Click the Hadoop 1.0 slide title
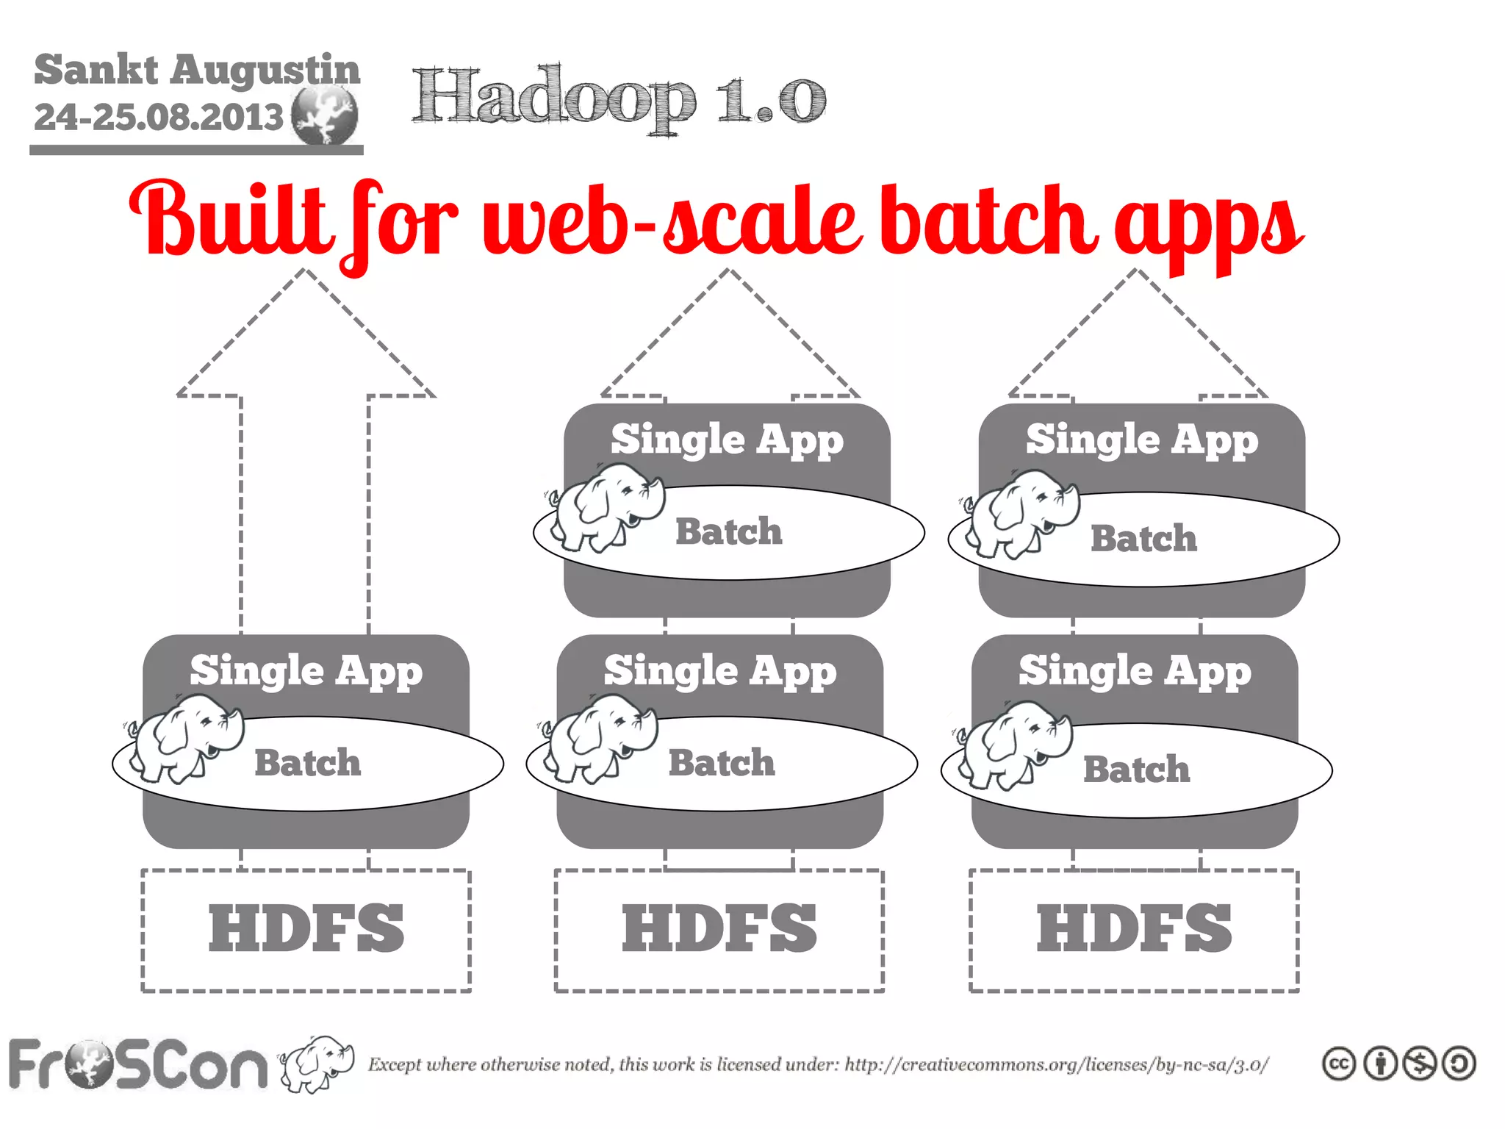point(619,99)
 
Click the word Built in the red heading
point(228,221)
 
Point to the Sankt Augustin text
point(197,70)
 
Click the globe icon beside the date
point(324,115)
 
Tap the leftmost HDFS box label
point(306,929)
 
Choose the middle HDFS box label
point(719,929)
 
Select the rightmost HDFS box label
point(1134,929)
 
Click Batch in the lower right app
point(1136,770)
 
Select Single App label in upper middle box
point(727,440)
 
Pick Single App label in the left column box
point(306,671)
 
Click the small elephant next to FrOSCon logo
point(317,1063)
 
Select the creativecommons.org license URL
point(1056,1064)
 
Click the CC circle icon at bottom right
point(1339,1064)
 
